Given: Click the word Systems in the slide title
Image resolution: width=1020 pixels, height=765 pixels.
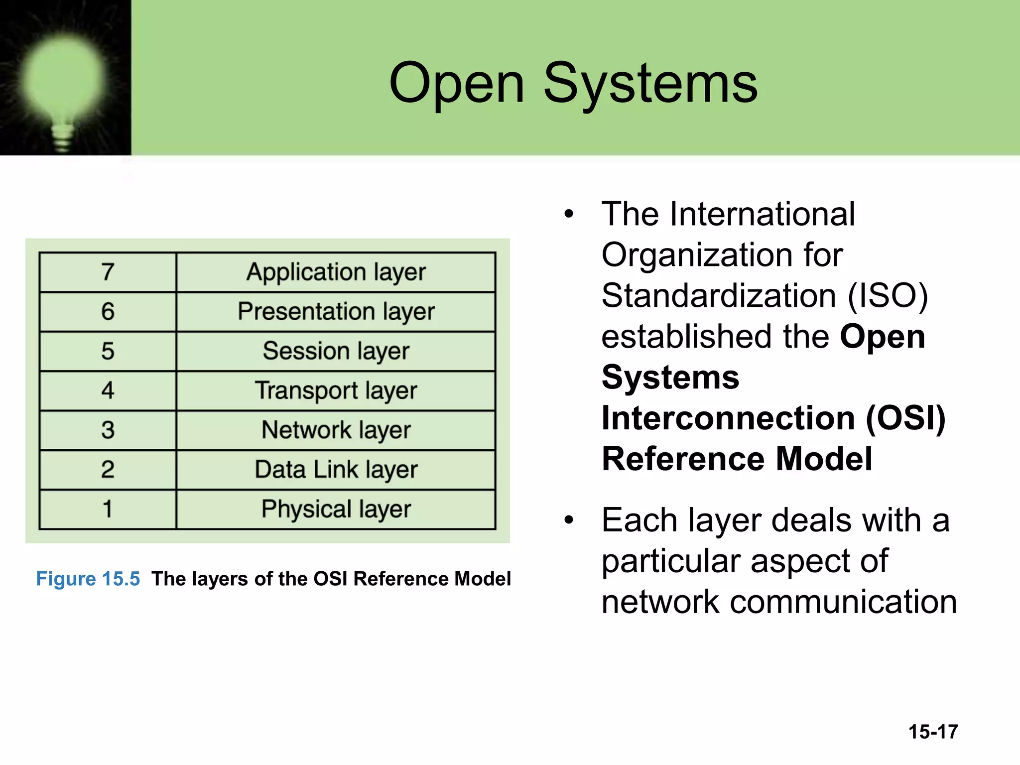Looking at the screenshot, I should click(x=650, y=83).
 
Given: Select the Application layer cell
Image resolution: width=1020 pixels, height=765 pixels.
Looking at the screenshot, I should click(x=336, y=272).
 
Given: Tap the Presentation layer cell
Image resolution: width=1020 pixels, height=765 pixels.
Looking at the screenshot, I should click(x=336, y=312).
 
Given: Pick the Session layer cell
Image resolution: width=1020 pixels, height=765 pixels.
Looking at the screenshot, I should click(x=336, y=351).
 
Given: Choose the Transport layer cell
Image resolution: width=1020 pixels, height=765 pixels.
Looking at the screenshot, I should click(x=336, y=390).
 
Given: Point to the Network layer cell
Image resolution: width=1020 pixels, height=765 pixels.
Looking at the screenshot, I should click(x=336, y=430).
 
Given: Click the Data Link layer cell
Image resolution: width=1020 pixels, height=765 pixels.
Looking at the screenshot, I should click(x=336, y=470).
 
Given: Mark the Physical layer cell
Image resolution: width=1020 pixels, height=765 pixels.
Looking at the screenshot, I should click(x=336, y=510).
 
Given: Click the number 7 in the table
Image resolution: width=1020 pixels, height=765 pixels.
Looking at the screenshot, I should click(x=108, y=272).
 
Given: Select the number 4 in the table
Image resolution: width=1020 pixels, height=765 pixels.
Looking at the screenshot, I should click(x=108, y=390).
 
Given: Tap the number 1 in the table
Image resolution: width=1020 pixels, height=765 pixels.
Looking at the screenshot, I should click(x=108, y=510).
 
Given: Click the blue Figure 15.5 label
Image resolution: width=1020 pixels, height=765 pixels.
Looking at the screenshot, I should click(x=88, y=579).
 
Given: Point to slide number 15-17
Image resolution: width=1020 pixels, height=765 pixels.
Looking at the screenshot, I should click(x=933, y=732).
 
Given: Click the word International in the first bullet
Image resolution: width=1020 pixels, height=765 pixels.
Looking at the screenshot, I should click(x=763, y=214).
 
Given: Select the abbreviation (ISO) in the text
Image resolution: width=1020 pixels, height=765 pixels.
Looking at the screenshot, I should click(x=888, y=296).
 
